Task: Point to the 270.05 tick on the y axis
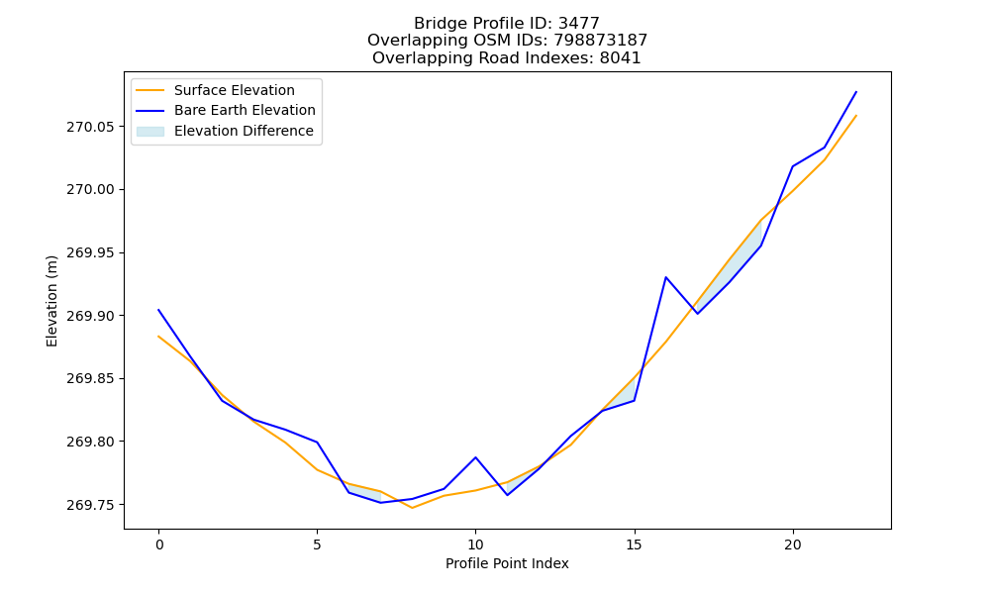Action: [91, 127]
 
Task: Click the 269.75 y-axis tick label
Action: [91, 505]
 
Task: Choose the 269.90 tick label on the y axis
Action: [91, 316]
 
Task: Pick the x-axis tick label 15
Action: [634, 544]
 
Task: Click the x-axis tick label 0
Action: [159, 544]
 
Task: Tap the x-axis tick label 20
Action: [792, 544]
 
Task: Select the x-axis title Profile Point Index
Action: [507, 563]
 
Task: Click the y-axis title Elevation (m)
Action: [51, 301]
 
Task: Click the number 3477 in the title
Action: [579, 24]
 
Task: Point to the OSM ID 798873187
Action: [601, 41]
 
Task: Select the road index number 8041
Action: [620, 58]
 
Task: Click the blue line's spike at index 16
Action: [665, 277]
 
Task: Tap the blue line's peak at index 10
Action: [475, 457]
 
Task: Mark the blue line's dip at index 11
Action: [507, 495]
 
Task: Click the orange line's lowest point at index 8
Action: [412, 508]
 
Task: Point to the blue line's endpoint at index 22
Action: [856, 92]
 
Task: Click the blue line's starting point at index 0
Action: [158, 310]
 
